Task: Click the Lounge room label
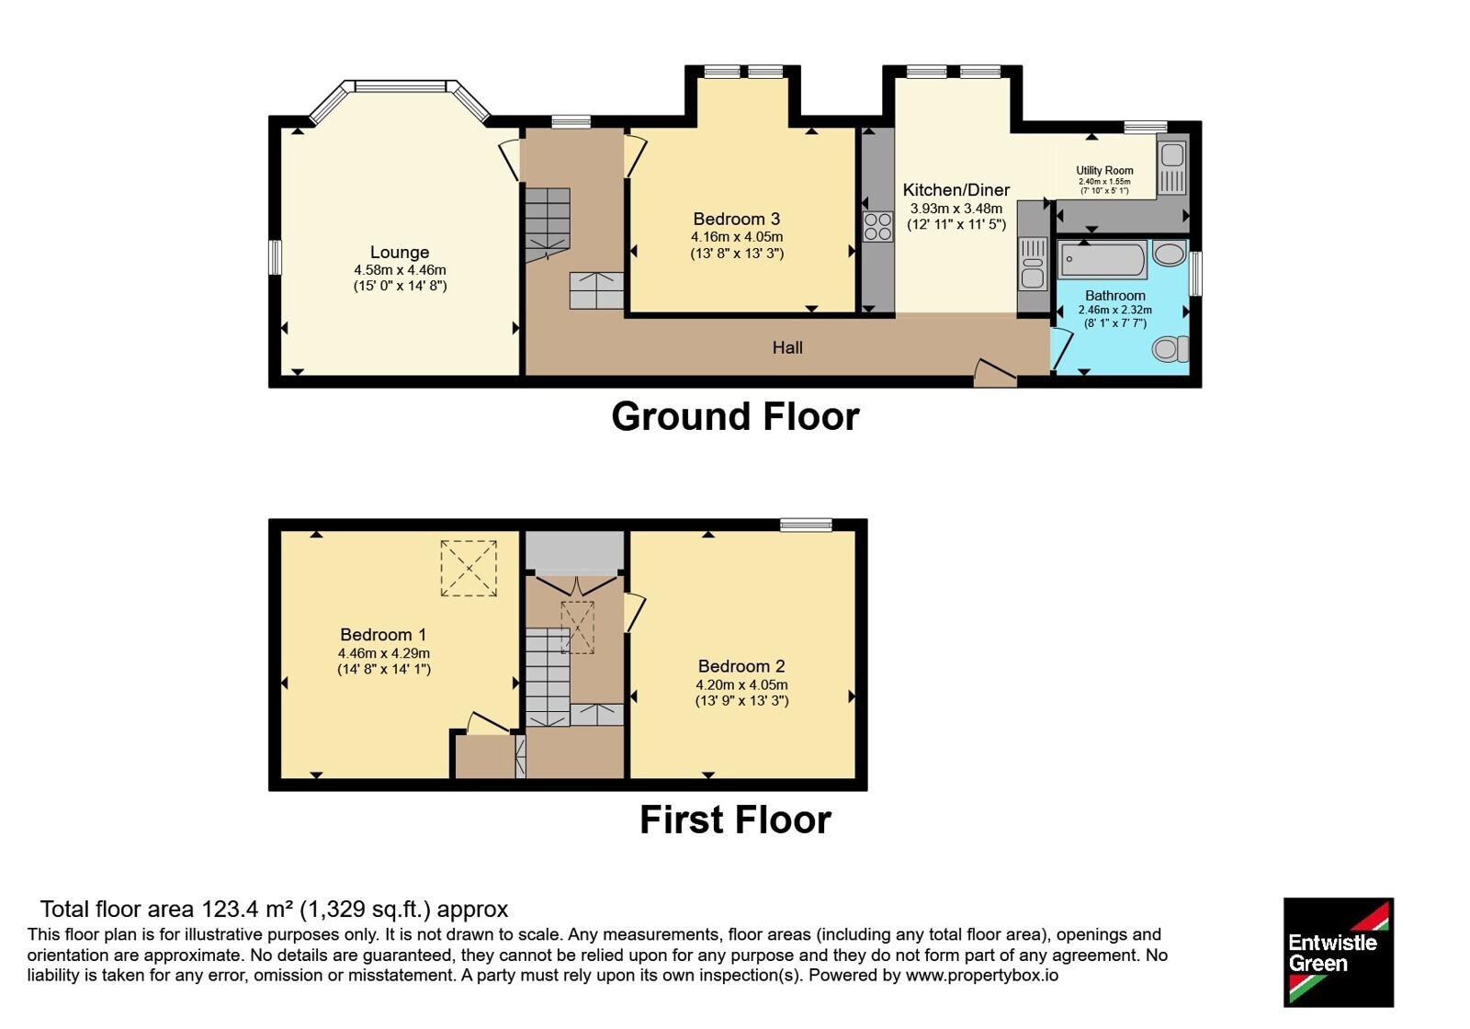click(x=400, y=252)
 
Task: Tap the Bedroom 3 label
click(x=736, y=219)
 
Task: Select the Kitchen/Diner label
click(x=956, y=190)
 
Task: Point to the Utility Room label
click(x=1104, y=171)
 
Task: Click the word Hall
click(x=787, y=347)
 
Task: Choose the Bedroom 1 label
click(x=383, y=635)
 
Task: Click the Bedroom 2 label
click(x=741, y=666)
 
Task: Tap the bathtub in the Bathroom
click(x=1102, y=259)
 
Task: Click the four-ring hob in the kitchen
click(x=878, y=226)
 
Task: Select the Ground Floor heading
click(x=735, y=417)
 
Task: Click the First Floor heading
click(x=735, y=820)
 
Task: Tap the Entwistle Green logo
click(x=1339, y=952)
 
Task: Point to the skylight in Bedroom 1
click(x=469, y=569)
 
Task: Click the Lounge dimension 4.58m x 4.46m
click(x=400, y=270)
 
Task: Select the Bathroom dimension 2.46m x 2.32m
click(x=1115, y=310)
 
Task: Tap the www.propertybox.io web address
click(x=982, y=975)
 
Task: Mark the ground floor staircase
click(x=547, y=225)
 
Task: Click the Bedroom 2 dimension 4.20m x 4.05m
click(x=741, y=684)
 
